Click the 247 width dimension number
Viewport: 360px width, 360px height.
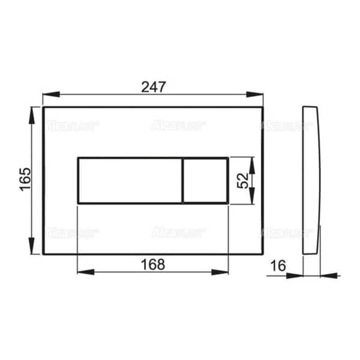154,86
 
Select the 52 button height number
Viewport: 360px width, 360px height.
242,181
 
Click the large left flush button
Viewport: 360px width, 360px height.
130,180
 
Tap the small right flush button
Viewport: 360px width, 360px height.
205,180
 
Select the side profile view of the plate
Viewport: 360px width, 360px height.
311,180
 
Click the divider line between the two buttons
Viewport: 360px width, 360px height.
182,180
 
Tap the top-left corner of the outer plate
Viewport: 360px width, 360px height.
43,107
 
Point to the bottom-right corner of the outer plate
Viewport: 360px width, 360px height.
263,253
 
